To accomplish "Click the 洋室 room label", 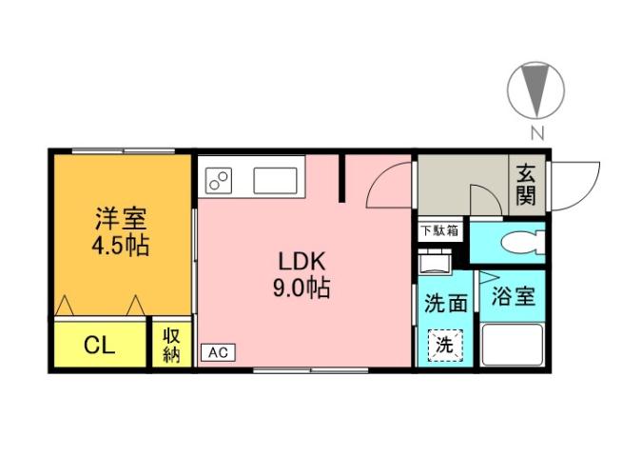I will tap(120, 217).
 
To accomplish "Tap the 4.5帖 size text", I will tap(120, 245).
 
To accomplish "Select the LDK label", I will tap(302, 260).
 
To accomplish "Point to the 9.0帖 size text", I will tap(302, 288).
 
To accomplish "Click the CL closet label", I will tap(100, 345).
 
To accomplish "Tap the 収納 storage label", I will tap(171, 345).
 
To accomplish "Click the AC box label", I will tap(217, 352).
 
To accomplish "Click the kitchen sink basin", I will tap(277, 178).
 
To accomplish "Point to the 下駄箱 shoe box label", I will tap(440, 229).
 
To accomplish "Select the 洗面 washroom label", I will tap(445, 304).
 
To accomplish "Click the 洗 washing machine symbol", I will tap(444, 346).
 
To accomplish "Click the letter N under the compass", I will tap(536, 132).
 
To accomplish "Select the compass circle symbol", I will tap(536, 90).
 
